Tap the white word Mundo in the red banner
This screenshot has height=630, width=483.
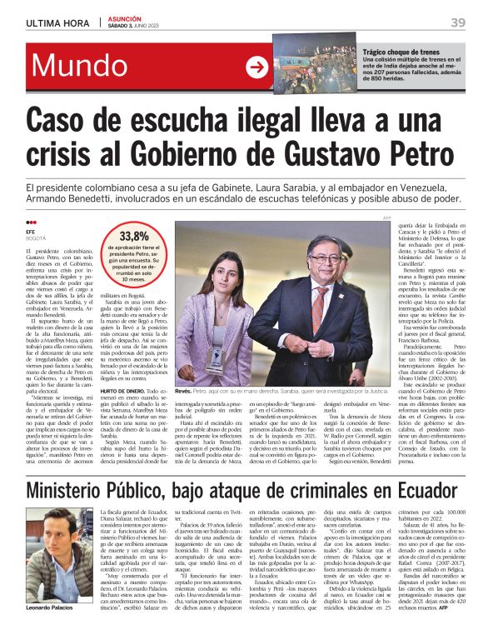click(x=80, y=67)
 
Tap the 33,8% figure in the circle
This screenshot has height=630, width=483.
click(x=134, y=236)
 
